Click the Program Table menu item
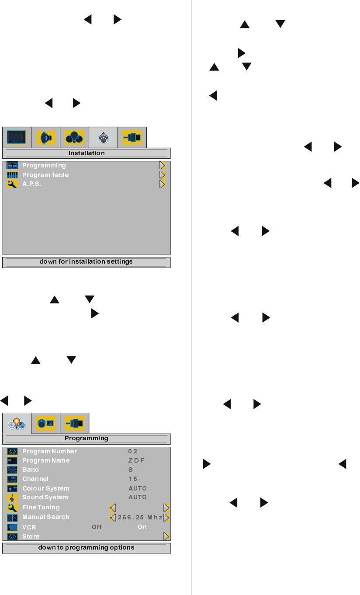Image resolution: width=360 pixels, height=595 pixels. tap(45, 175)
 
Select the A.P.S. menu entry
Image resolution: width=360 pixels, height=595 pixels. tap(31, 184)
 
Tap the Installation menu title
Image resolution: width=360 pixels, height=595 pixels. tap(87, 153)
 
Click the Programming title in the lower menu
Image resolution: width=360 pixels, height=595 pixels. tap(87, 438)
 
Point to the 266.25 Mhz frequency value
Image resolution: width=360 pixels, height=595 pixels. tap(140, 517)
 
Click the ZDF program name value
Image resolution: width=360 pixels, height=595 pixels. tap(136, 460)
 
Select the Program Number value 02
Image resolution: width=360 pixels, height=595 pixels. tap(133, 451)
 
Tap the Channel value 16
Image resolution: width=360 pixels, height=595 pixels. tap(133, 479)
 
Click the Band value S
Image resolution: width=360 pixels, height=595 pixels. tap(131, 470)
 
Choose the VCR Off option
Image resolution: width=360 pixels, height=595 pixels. tap(97, 527)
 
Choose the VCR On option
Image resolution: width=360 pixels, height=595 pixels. tap(142, 527)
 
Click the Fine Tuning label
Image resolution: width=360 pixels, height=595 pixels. tap(41, 507)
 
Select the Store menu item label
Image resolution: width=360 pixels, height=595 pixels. tap(31, 536)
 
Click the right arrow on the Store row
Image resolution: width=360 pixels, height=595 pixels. tap(166, 536)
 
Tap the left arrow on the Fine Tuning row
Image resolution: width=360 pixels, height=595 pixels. tap(113, 508)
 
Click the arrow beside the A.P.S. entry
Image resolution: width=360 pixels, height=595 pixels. tap(162, 184)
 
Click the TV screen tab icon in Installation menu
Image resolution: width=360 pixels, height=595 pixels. tap(17, 137)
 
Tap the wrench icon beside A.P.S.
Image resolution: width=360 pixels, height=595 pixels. tap(12, 184)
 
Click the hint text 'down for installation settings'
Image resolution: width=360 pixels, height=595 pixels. tap(86, 262)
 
